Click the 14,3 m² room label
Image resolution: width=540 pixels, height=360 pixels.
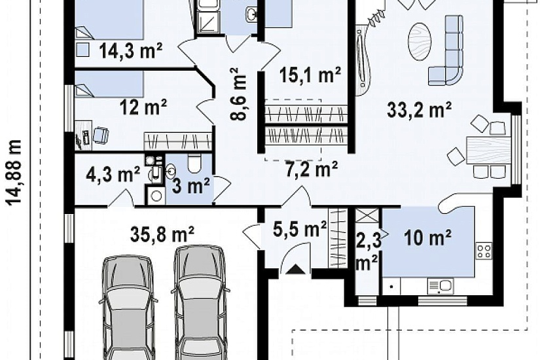tap(131, 50)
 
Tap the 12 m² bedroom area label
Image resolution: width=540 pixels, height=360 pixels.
tap(143, 107)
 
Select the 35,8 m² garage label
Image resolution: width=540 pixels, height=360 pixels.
tap(162, 234)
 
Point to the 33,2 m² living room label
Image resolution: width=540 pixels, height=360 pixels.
tap(419, 110)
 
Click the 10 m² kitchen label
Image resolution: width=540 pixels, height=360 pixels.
tap(427, 238)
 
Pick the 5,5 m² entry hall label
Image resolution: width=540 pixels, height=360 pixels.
tap(300, 229)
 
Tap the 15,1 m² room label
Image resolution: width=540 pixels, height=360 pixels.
tap(310, 75)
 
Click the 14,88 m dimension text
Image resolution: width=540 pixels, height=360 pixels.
tap(14, 172)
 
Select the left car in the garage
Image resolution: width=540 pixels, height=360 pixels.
tap(128, 307)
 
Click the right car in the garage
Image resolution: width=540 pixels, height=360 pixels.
tap(200, 302)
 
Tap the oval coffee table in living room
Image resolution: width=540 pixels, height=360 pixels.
tap(420, 42)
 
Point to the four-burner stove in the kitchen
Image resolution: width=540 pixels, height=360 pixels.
tap(484, 251)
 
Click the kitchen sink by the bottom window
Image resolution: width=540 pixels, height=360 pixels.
tap(441, 286)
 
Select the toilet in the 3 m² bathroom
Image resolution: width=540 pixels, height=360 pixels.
tap(194, 163)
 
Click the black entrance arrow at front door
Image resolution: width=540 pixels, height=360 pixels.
tap(296, 269)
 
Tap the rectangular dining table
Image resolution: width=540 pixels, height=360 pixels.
tap(488, 150)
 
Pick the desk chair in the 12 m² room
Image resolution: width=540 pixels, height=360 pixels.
tap(101, 135)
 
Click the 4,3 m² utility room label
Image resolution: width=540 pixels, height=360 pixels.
tap(113, 174)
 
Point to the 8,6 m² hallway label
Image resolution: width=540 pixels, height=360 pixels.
tap(239, 94)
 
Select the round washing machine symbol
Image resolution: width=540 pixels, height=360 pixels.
tap(156, 196)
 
